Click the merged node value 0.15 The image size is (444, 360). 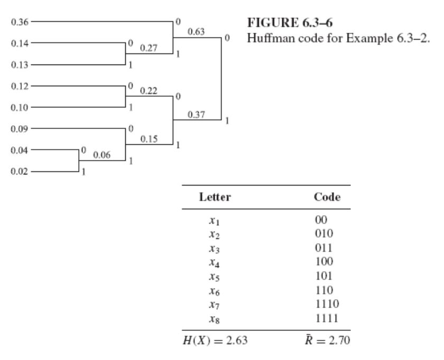[147, 139]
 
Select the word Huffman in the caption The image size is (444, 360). [265, 38]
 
